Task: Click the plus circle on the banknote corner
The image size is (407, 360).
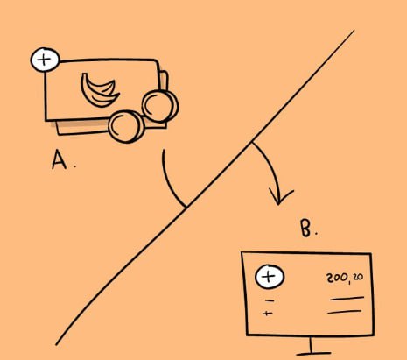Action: (45, 60)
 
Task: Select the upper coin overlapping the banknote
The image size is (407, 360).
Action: (159, 105)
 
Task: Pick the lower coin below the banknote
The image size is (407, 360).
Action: (127, 126)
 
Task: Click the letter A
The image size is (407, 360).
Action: (59, 160)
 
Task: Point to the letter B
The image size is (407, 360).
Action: (306, 228)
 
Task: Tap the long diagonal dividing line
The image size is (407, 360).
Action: (205, 187)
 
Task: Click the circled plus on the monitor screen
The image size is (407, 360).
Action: (270, 277)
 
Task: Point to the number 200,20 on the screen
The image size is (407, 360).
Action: (345, 278)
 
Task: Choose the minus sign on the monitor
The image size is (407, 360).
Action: (270, 300)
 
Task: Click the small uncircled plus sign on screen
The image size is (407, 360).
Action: (268, 314)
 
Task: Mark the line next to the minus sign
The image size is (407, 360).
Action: (347, 298)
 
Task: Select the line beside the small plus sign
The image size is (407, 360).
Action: (345, 312)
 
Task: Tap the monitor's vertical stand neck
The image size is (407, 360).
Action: (312, 344)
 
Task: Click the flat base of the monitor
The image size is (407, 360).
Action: (313, 354)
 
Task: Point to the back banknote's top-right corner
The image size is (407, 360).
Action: (165, 71)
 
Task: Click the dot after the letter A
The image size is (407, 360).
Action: (75, 166)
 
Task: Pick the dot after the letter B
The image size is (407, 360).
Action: (316, 234)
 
